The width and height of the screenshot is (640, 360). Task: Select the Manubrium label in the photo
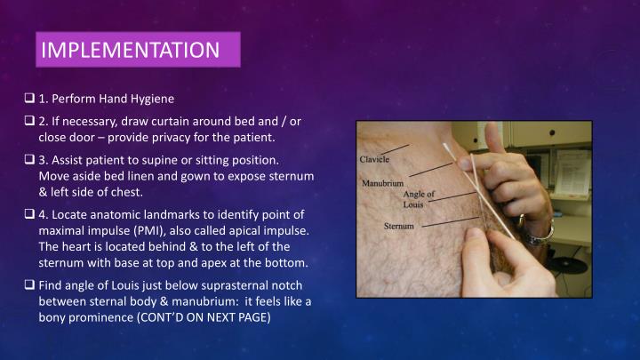point(384,183)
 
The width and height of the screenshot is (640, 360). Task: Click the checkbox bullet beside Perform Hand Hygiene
point(30,99)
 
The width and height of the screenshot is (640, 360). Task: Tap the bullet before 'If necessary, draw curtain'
point(30,122)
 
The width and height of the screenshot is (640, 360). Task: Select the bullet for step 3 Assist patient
point(30,161)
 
